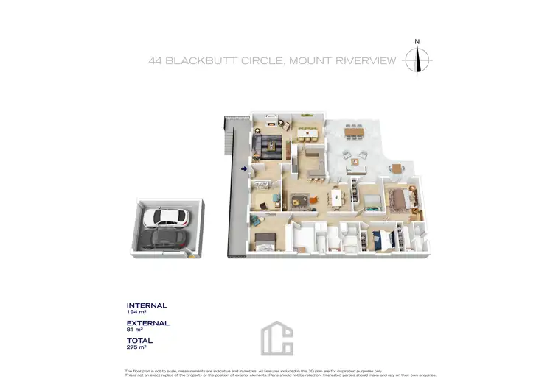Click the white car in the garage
(x=167, y=217)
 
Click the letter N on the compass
(x=417, y=42)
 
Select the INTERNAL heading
(x=147, y=305)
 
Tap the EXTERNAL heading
(x=148, y=323)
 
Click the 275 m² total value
(x=137, y=348)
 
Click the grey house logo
(x=276, y=339)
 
